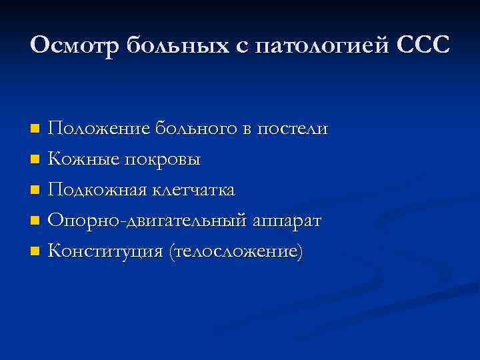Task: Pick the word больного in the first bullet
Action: pyautogui.click(x=193, y=128)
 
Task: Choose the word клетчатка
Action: pyautogui.click(x=193, y=190)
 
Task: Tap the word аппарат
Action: pyautogui.click(x=287, y=221)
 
